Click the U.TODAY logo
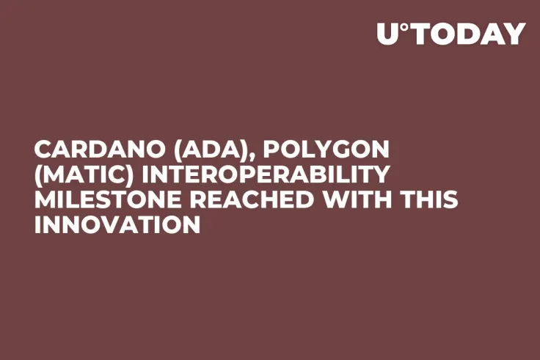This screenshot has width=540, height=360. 450,34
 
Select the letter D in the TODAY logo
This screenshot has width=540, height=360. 466,34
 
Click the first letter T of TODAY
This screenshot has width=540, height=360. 422,34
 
